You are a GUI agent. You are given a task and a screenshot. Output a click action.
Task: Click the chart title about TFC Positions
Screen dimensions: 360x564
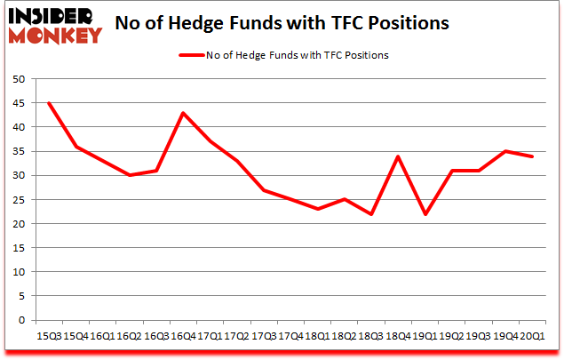click(292, 24)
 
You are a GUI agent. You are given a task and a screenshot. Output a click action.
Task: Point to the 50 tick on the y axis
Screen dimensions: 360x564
click(17, 79)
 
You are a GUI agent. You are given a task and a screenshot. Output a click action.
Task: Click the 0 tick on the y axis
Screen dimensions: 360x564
click(20, 320)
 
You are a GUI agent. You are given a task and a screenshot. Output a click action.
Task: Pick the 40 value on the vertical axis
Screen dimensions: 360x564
click(17, 127)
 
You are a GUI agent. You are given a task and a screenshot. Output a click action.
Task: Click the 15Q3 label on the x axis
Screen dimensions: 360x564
click(49, 335)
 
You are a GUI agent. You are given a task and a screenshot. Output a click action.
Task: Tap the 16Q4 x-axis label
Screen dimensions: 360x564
click(184, 335)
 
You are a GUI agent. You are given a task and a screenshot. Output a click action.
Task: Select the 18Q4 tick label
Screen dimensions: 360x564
click(398, 335)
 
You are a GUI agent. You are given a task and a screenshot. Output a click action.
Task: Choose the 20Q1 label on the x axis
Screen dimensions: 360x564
click(532, 335)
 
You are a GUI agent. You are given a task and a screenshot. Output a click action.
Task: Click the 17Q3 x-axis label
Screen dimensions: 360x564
click(264, 335)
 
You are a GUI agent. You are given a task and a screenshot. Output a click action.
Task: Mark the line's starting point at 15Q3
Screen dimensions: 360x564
click(49, 103)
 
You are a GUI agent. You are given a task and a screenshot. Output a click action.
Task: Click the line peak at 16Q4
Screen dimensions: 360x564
click(183, 113)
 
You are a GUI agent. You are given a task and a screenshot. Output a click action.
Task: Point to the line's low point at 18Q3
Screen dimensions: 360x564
click(370, 214)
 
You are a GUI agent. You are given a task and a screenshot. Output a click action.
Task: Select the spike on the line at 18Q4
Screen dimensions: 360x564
click(398, 156)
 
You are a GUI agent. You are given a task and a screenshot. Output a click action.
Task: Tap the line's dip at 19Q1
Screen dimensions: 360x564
click(425, 214)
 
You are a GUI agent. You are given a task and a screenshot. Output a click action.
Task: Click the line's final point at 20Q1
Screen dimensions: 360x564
click(532, 156)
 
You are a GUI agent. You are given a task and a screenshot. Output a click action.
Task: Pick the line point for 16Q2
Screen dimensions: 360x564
click(130, 175)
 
